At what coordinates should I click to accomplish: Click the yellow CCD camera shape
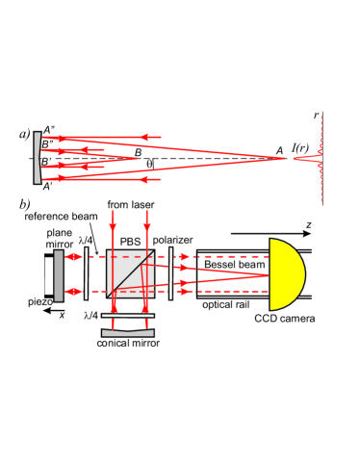coord(286,274)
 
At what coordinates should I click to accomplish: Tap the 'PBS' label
coord(130,242)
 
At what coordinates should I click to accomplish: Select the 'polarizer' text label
coord(172,240)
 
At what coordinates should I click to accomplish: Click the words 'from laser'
coord(131,204)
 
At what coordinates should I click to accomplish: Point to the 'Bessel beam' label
coord(235,265)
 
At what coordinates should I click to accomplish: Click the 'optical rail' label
coord(225,304)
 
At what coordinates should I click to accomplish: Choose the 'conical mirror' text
coord(128,343)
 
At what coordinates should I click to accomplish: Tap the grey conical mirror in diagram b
coord(128,333)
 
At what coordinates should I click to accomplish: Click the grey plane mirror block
coord(59,276)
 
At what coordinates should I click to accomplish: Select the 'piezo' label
coord(40,302)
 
